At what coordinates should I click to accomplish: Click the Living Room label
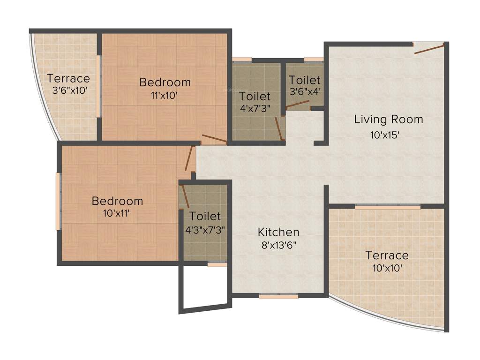coord(388,119)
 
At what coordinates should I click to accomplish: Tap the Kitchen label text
coord(278,232)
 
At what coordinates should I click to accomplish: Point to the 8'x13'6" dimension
coord(278,245)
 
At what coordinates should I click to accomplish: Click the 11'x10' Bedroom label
coord(165,82)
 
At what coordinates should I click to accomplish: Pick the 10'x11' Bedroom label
coord(117,201)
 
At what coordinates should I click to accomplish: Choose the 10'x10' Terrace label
coord(387,255)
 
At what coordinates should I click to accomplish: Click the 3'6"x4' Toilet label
coord(305,80)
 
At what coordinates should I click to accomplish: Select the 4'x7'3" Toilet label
coord(255,97)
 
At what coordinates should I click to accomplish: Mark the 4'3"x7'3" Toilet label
coord(205,216)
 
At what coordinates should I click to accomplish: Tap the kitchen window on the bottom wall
coord(278,296)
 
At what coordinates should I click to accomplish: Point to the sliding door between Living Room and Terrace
coord(387,206)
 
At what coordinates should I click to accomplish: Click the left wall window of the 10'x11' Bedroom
coord(59,202)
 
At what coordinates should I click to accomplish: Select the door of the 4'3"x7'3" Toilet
coord(185,195)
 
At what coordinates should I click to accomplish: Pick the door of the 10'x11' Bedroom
coord(189,158)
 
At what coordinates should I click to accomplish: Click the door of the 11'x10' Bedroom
coord(214,139)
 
